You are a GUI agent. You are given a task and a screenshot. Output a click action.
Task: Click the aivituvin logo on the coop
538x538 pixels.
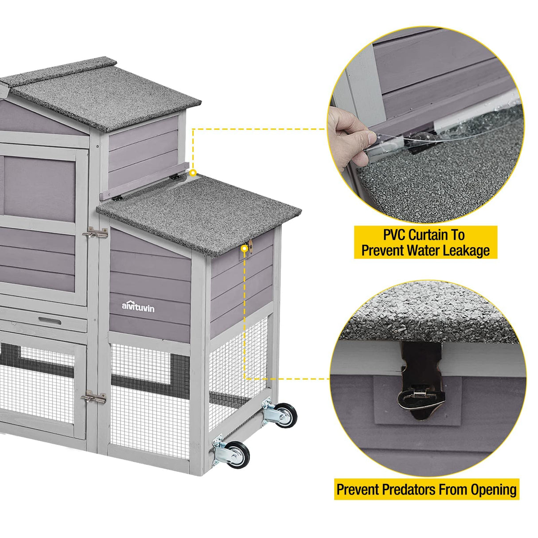[138, 306]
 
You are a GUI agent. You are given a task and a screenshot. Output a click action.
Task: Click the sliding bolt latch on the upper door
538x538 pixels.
[95, 233]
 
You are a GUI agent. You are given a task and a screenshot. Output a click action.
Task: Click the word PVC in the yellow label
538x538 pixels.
[394, 234]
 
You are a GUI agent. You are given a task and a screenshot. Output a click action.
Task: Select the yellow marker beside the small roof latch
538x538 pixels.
[243, 249]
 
